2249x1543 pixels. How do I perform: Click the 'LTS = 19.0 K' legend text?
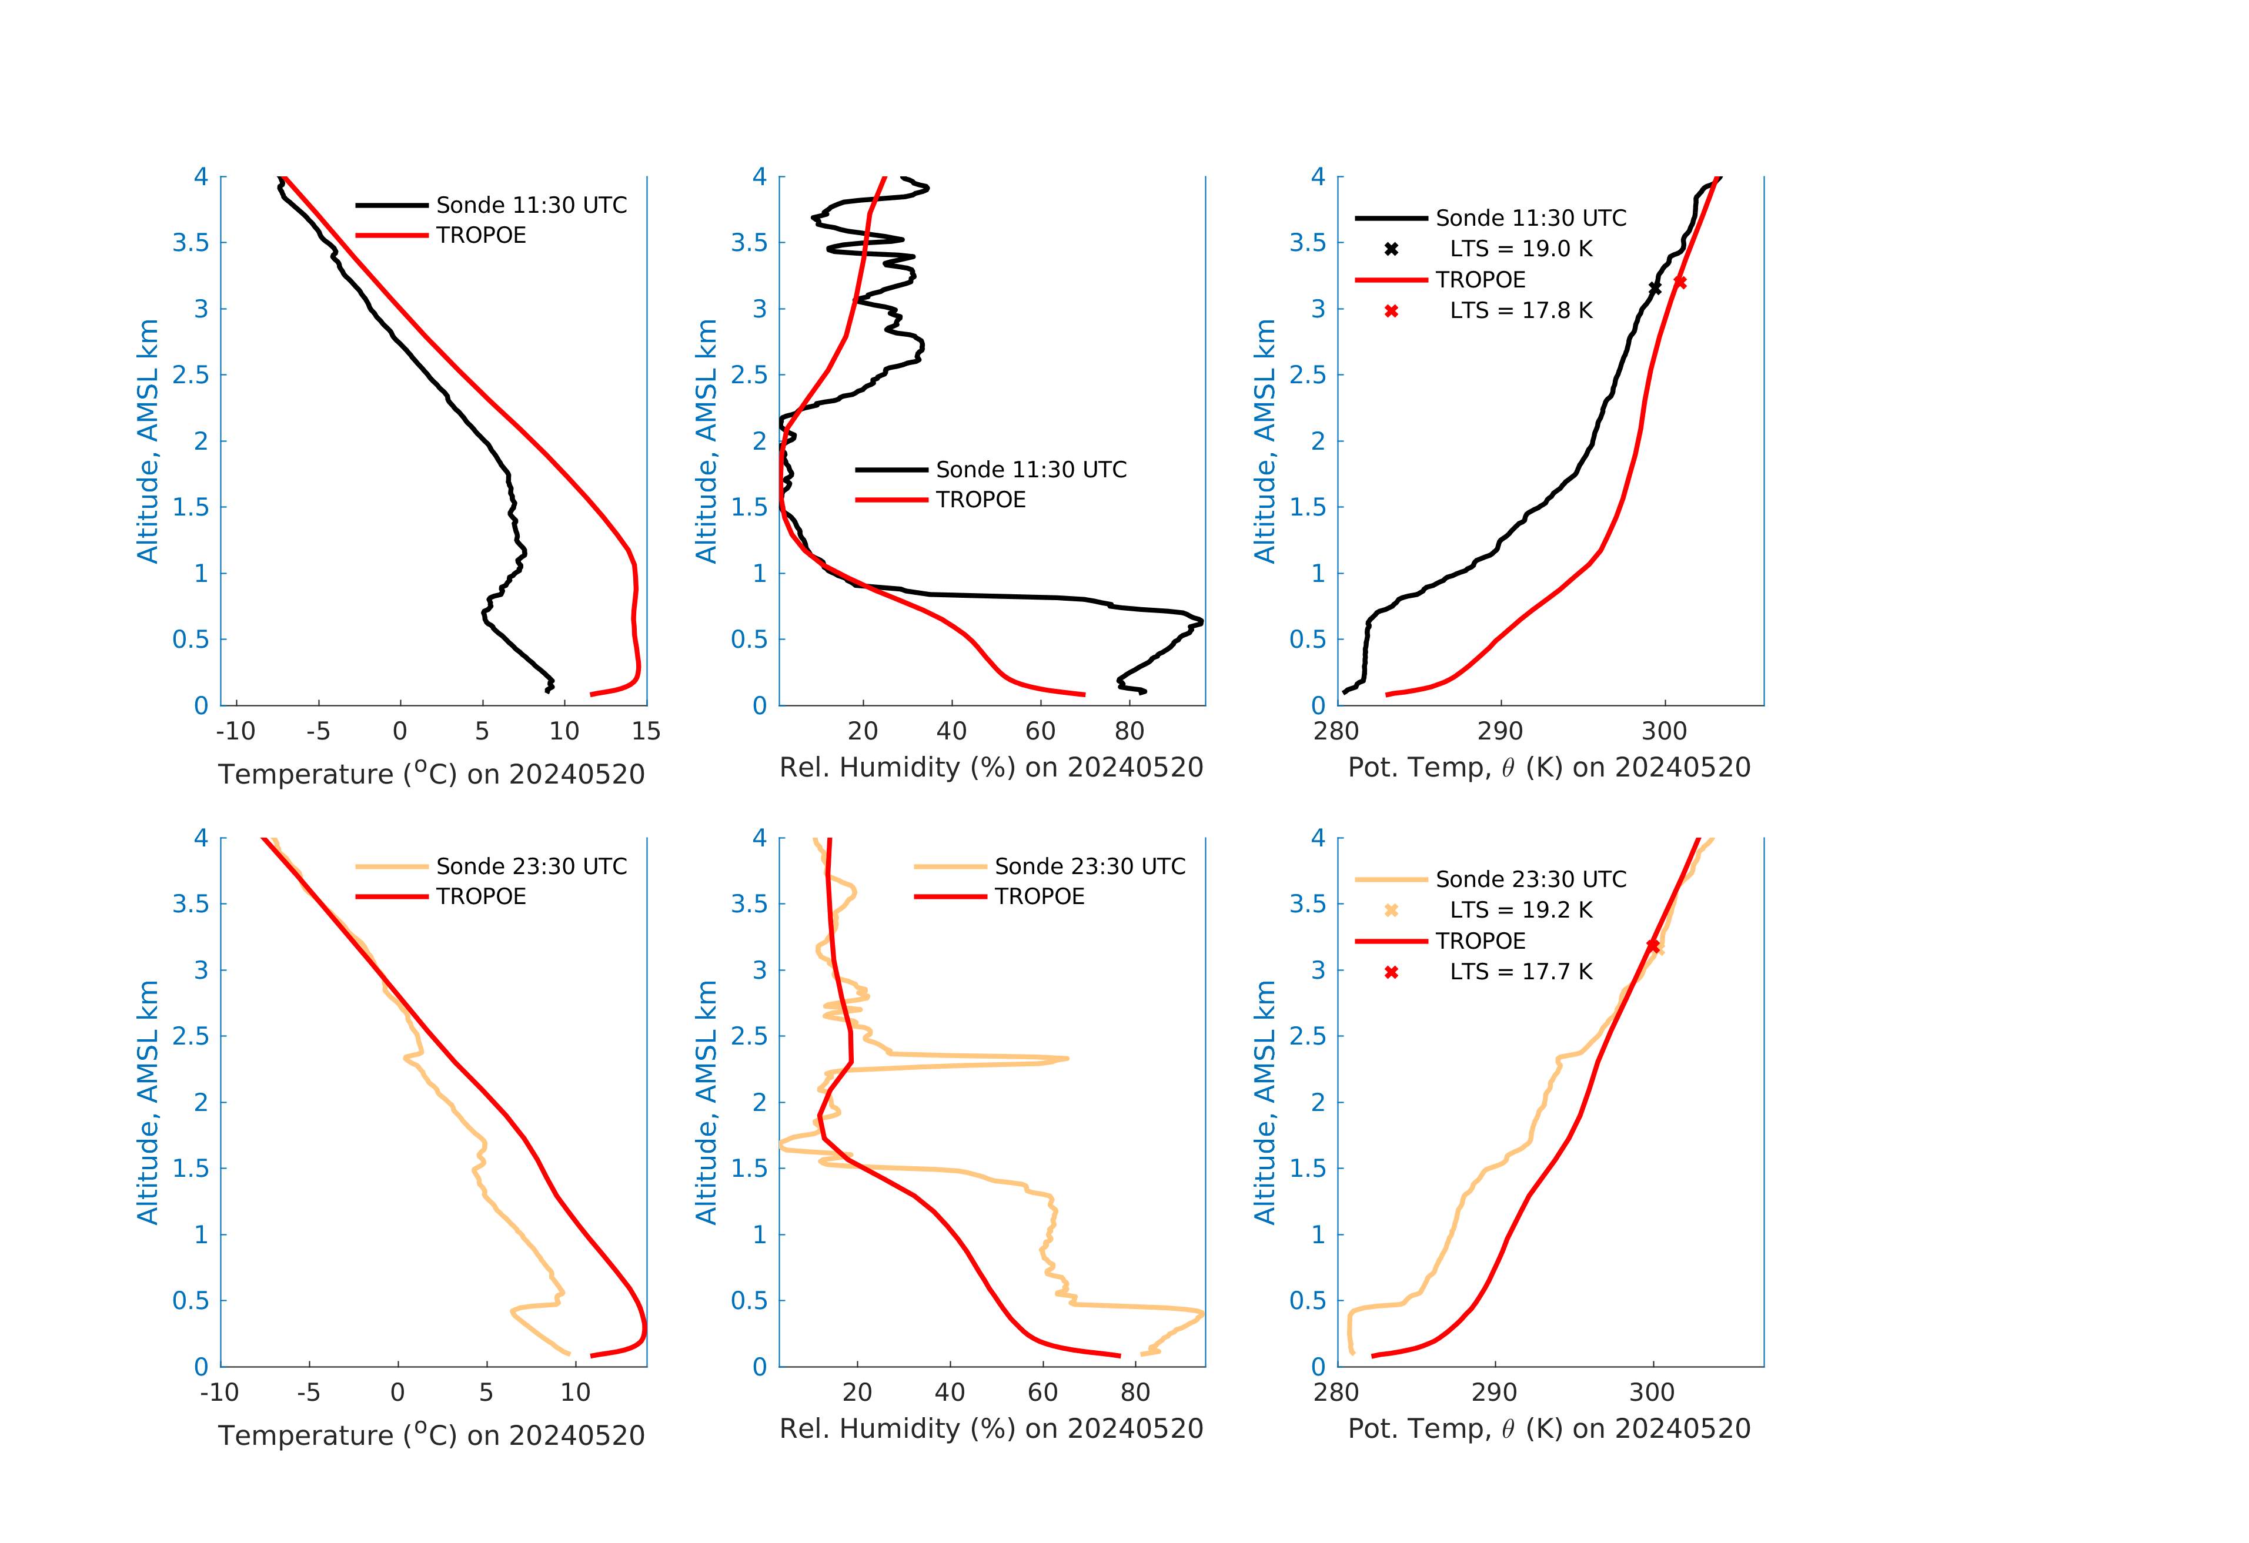(1521, 249)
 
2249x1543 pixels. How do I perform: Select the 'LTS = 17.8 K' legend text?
(1521, 310)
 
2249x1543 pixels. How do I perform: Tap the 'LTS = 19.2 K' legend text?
(1521, 911)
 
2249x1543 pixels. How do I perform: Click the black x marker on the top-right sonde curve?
(1655, 288)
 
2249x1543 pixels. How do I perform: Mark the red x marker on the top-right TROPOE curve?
(1680, 283)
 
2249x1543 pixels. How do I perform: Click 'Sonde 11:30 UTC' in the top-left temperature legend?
(532, 205)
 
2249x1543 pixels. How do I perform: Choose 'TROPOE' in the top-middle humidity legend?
(980, 500)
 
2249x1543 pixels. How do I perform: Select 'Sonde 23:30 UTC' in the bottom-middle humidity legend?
(1090, 867)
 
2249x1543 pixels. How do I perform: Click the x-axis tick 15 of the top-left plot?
(646, 731)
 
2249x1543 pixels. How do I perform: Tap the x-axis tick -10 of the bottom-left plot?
(220, 1393)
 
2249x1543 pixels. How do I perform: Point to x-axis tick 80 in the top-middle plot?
(1129, 731)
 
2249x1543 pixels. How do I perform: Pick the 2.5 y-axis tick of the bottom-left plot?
(191, 1036)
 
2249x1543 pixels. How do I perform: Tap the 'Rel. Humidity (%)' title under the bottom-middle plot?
(991, 1429)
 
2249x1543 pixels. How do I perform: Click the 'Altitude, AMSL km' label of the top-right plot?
(1264, 441)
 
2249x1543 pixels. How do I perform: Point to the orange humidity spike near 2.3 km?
(1064, 1058)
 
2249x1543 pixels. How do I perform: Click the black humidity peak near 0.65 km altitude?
(1200, 621)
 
